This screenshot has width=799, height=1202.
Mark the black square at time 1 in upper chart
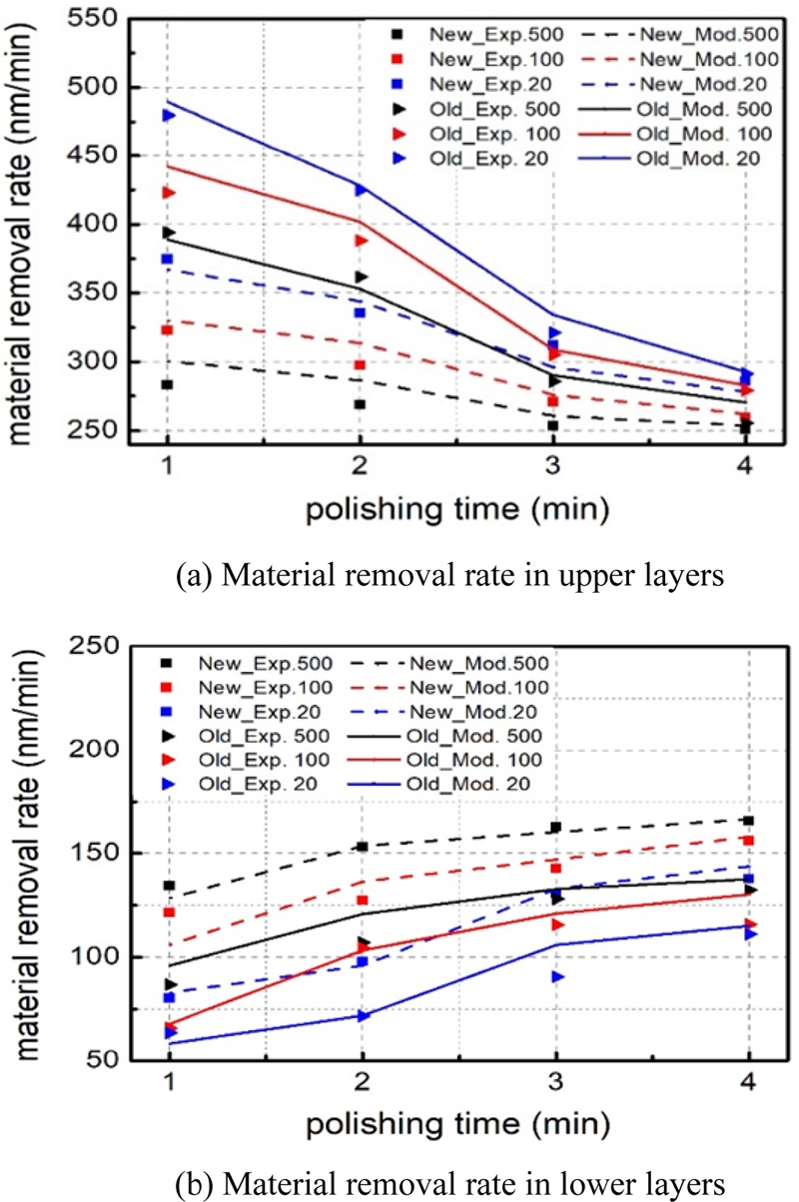pos(168,384)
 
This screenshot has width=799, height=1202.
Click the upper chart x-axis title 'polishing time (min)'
pos(457,510)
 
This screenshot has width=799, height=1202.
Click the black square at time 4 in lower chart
pos(748,821)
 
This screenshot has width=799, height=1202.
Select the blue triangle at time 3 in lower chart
pos(556,976)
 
